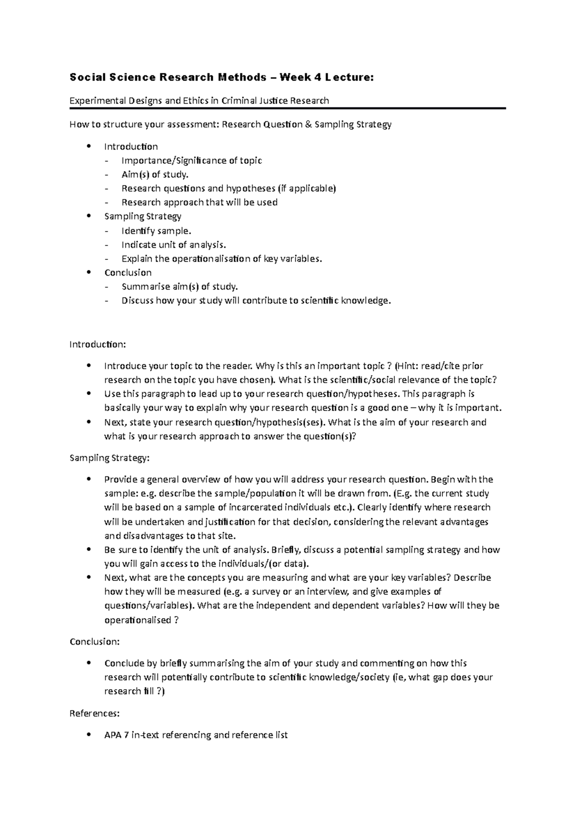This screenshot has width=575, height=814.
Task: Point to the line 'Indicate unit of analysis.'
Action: point(173,245)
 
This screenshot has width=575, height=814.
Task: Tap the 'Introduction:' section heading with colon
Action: point(98,344)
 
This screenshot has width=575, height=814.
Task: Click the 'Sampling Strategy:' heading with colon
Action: point(110,458)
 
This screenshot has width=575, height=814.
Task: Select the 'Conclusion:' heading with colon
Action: point(95,641)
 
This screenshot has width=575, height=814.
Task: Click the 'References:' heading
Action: point(94,713)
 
